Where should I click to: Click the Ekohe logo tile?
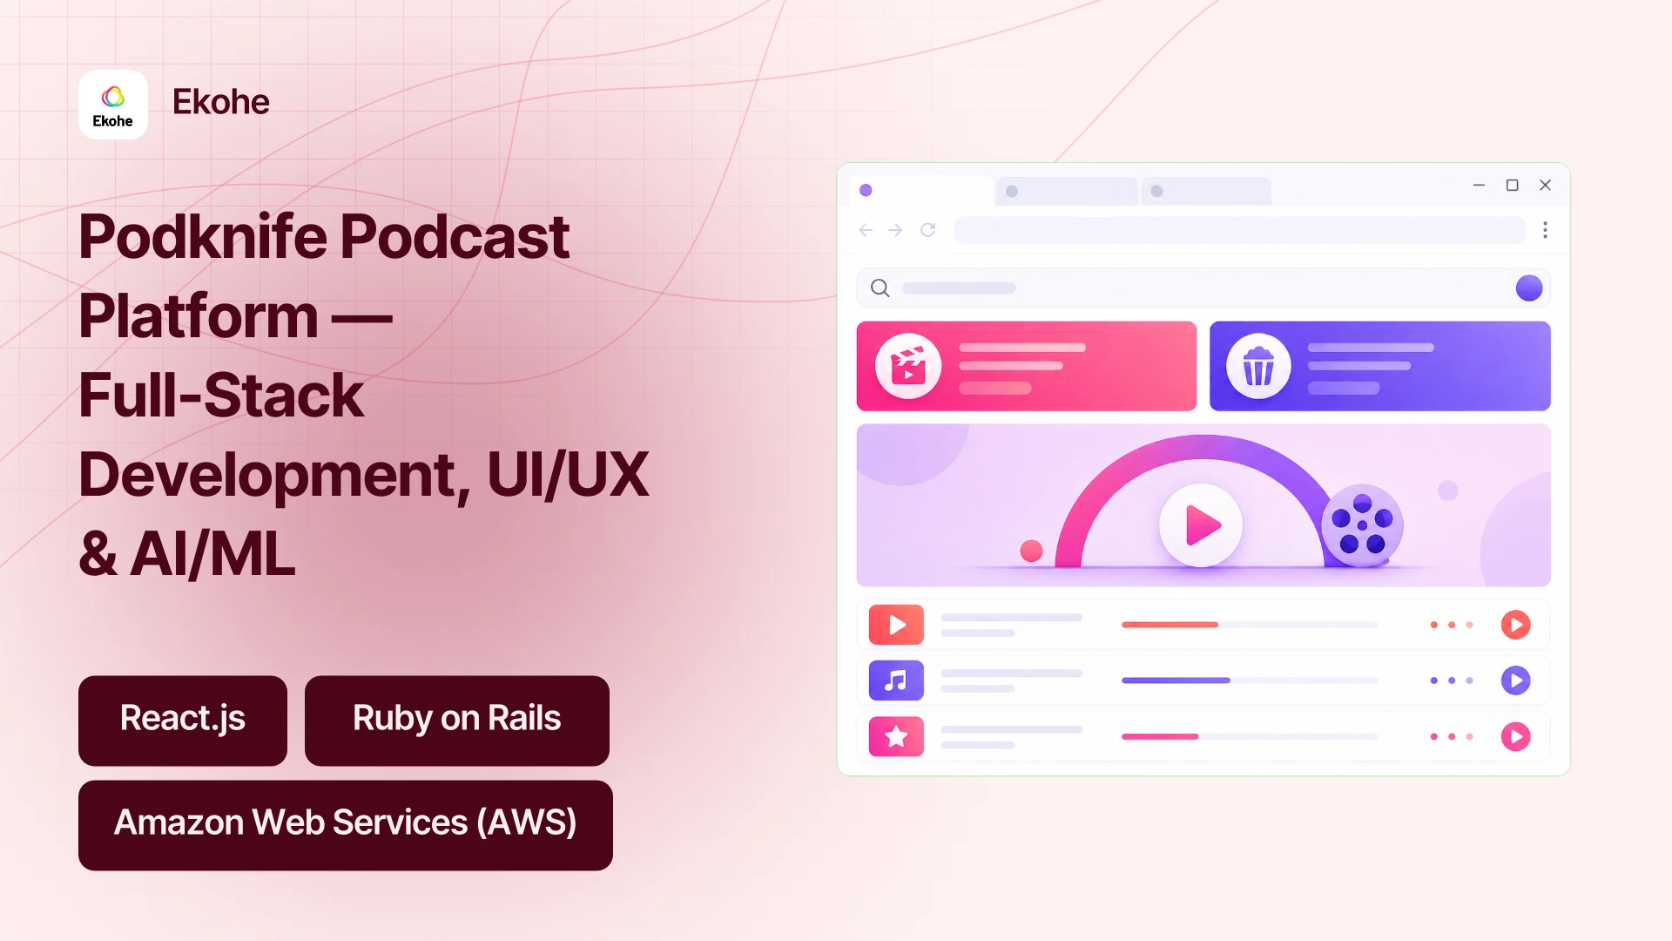click(x=113, y=105)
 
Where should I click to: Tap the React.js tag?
click(x=183, y=721)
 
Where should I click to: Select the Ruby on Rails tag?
click(x=457, y=721)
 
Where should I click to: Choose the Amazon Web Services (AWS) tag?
click(x=346, y=825)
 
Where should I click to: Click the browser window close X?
click(x=1545, y=185)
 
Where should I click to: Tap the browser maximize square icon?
click(x=1512, y=185)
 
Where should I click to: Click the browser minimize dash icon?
click(x=1479, y=185)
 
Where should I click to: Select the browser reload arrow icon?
click(x=928, y=230)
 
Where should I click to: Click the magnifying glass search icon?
click(x=880, y=288)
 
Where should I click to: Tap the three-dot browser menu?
click(x=1545, y=230)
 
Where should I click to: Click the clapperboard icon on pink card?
click(x=908, y=366)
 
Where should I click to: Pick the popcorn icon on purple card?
click(x=1258, y=366)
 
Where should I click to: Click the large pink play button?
click(x=1201, y=525)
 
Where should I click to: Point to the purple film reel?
click(x=1362, y=525)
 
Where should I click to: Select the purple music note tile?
click(x=896, y=680)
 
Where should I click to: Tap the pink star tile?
click(x=896, y=736)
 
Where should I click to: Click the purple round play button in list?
click(x=1515, y=680)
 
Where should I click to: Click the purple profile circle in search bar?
click(x=1529, y=288)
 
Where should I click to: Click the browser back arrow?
click(x=866, y=230)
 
